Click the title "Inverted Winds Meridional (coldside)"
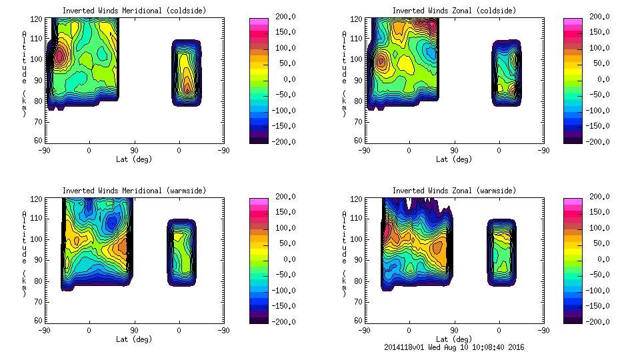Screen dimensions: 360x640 pos(134,11)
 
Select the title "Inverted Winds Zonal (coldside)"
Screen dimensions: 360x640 pos(454,11)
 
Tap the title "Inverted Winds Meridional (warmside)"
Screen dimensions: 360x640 pos(134,191)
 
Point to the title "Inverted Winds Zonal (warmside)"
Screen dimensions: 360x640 pos(454,191)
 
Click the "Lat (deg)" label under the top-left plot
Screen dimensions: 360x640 pos(134,159)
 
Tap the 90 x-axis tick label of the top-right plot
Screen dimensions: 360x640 pos(454,151)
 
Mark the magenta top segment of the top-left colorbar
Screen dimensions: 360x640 pos(259,22)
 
